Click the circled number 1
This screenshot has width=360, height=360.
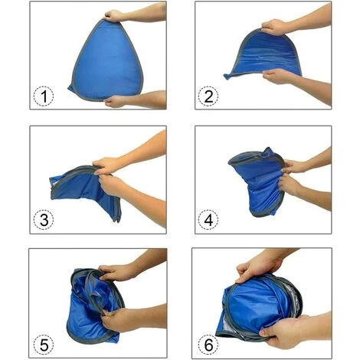point(44,97)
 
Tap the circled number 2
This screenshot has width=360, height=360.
point(208,97)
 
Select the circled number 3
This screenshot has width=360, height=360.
point(44,220)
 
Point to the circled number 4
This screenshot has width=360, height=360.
point(208,220)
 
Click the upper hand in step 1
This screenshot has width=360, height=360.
point(114,16)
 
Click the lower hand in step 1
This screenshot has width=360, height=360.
point(116,101)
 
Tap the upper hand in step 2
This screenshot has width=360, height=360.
point(274,27)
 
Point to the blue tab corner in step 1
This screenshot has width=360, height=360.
point(70,89)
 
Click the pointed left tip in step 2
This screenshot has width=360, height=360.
point(225,77)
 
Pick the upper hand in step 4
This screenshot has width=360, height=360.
point(294,166)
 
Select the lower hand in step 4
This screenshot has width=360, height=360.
point(290,185)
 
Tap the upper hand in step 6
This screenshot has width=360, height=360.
point(258,268)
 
